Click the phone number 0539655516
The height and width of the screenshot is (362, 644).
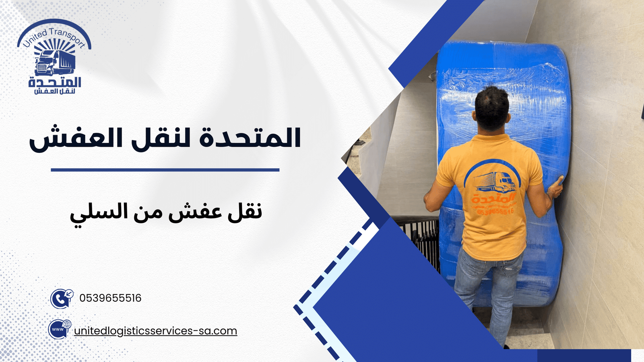point(110,298)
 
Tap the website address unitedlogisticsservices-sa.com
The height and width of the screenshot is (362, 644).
point(155,331)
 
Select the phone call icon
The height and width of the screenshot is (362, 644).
point(61,298)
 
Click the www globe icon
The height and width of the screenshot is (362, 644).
point(60,329)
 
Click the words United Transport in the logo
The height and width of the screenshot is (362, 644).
point(54,37)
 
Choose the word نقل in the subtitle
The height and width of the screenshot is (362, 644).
point(245,211)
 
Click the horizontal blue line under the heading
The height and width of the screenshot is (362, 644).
point(165,170)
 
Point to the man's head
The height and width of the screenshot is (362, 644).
point(492,108)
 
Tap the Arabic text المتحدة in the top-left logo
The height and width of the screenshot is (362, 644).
point(55,82)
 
